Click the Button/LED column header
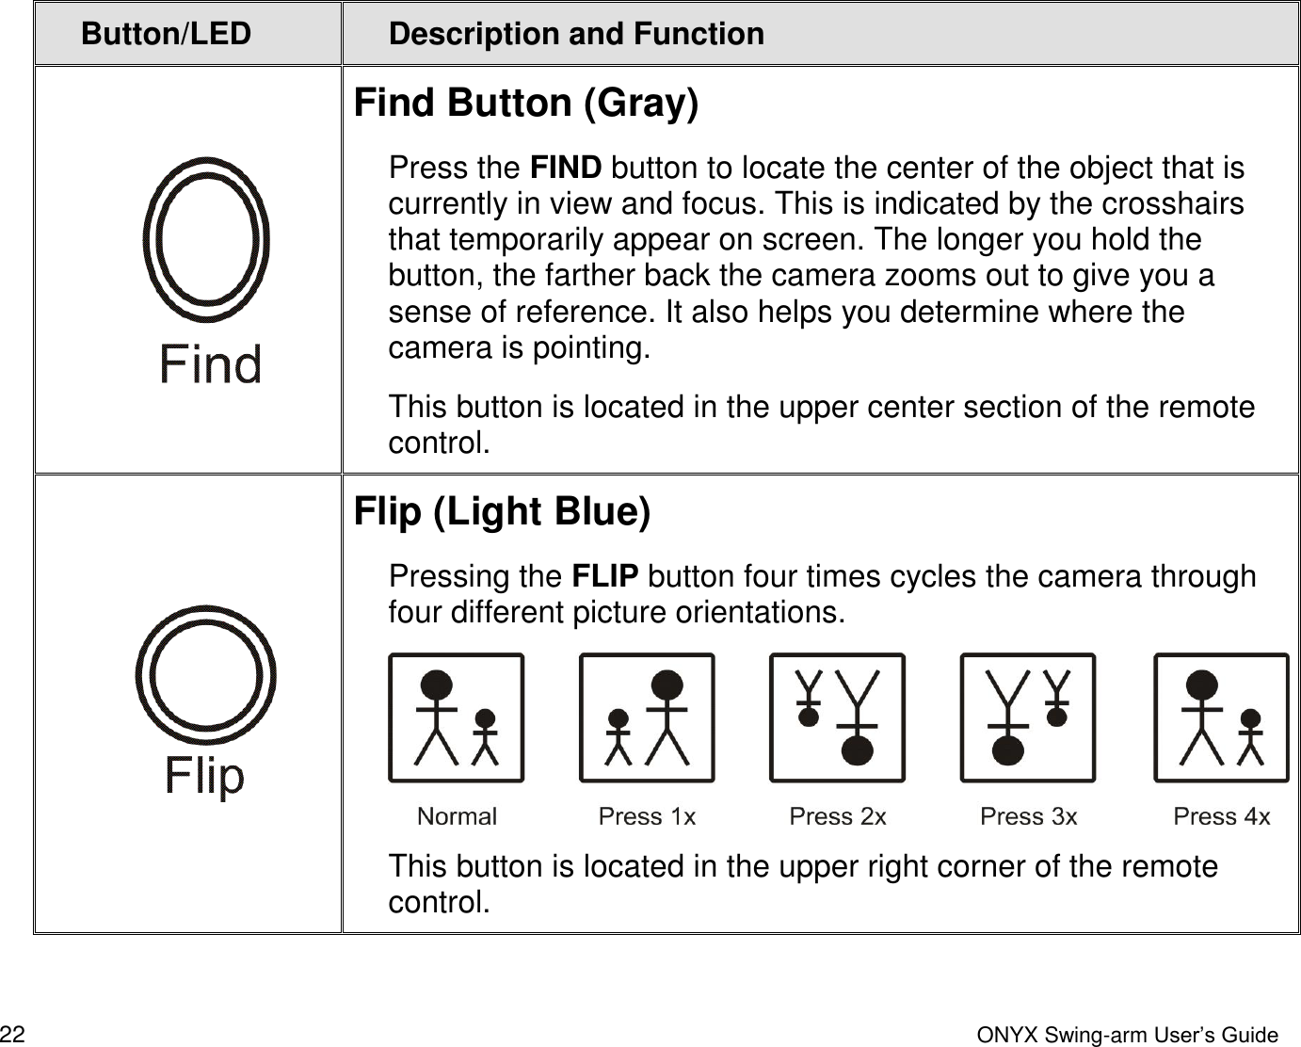166,34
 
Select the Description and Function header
576,34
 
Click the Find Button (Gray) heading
526,103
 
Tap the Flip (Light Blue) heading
502,511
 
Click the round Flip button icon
205,674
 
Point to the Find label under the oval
210,364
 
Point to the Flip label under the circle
204,776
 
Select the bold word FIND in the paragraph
566,169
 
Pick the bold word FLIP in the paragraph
605,576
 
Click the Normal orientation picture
457,717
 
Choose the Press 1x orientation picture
647,717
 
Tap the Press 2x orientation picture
837,717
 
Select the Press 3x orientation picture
1028,717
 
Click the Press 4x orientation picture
1221,717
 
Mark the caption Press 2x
838,816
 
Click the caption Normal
457,816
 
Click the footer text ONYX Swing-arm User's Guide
1128,1036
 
